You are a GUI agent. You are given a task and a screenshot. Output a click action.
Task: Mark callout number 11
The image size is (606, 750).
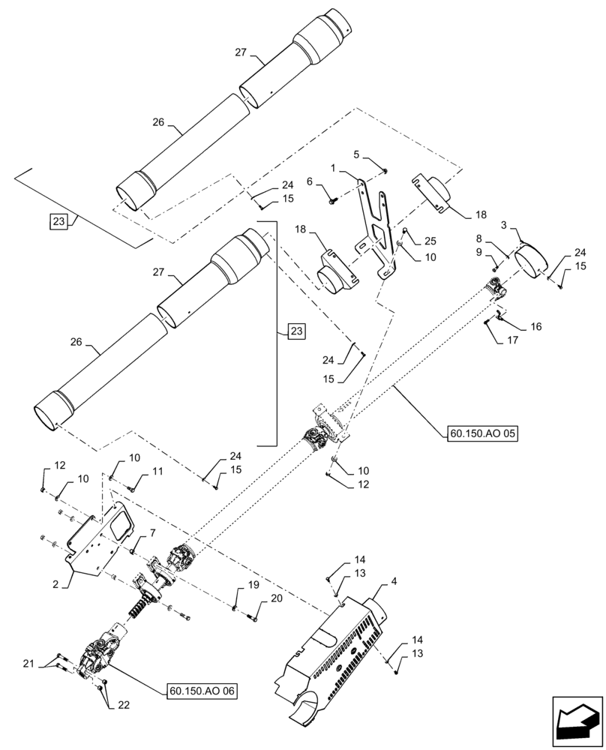point(157,471)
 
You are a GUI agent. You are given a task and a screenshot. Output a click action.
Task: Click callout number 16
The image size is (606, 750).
point(535,327)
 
